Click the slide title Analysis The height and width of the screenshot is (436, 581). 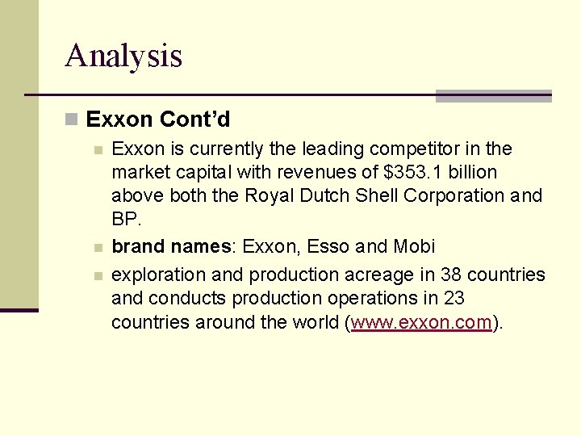click(x=123, y=56)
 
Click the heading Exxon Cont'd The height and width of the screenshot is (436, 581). click(x=157, y=119)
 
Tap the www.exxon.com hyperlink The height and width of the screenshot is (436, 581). click(x=421, y=323)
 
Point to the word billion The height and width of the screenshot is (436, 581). click(x=472, y=172)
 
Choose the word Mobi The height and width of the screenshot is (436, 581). click(x=415, y=246)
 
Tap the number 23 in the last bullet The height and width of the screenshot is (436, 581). click(x=454, y=297)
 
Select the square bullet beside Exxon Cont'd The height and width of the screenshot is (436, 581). click(x=72, y=120)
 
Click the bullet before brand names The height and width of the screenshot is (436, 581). click(x=98, y=248)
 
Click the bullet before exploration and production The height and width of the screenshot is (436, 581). click(x=98, y=276)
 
